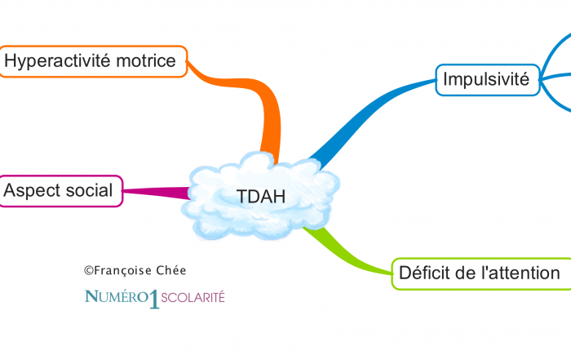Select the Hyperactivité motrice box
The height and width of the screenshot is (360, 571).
click(93, 61)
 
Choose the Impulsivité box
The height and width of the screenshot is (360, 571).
click(486, 80)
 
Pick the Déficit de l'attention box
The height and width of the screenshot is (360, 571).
click(480, 273)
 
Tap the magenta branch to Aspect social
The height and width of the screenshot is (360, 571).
click(155, 193)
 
